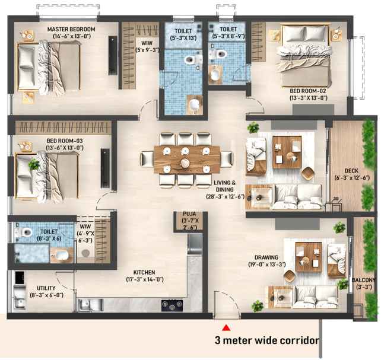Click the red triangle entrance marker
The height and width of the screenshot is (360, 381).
pyautogui.click(x=226, y=328)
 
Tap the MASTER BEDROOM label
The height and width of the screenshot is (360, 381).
pyautogui.click(x=71, y=30)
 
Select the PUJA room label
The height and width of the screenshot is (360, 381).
pyautogui.click(x=189, y=214)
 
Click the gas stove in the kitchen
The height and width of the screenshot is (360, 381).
pyautogui.click(x=172, y=305)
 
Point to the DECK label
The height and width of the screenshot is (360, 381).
pyautogui.click(x=351, y=171)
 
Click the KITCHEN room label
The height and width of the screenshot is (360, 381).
pyautogui.click(x=144, y=272)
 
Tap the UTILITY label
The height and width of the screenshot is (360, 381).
pyautogui.click(x=46, y=288)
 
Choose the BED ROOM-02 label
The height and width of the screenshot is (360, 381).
pyautogui.click(x=308, y=91)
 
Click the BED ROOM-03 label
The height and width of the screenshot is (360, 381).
pyautogui.click(x=65, y=141)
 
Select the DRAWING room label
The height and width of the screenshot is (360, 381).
pyautogui.click(x=266, y=257)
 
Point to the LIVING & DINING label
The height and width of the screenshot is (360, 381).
pyautogui.click(x=225, y=186)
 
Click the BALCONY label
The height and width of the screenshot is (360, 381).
pyautogui.click(x=364, y=280)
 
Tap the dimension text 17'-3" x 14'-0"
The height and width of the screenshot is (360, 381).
pyautogui.click(x=145, y=280)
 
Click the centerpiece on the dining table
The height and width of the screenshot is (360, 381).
pyautogui.click(x=185, y=163)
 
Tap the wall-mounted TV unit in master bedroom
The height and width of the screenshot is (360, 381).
pyautogui.click(x=113, y=55)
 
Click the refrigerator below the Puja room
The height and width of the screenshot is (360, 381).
pyautogui.click(x=195, y=244)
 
